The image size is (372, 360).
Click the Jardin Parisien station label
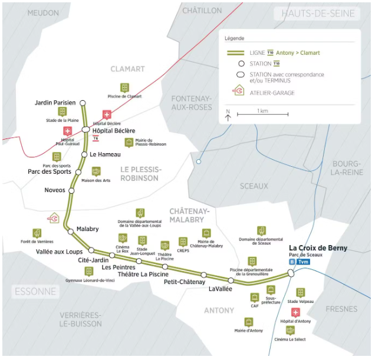coord(55,103)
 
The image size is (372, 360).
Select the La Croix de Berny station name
coord(318,248)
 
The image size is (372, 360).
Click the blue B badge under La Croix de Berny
coord(292,262)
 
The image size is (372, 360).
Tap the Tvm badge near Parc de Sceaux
coord(303,262)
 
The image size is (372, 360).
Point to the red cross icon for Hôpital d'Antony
coord(295,313)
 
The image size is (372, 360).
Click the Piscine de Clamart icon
coord(124,87)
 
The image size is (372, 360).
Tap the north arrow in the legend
coord(228,115)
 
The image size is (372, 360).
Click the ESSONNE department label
coord(35,291)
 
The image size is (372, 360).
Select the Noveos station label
coord(55,190)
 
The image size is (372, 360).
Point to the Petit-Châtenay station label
coord(184,282)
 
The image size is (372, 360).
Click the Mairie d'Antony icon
coord(248,322)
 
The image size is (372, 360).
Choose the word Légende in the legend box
coord(234,38)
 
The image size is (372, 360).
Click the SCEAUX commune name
coord(254,186)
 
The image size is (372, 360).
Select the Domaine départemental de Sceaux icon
coord(261,231)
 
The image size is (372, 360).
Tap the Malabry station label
coord(87,229)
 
